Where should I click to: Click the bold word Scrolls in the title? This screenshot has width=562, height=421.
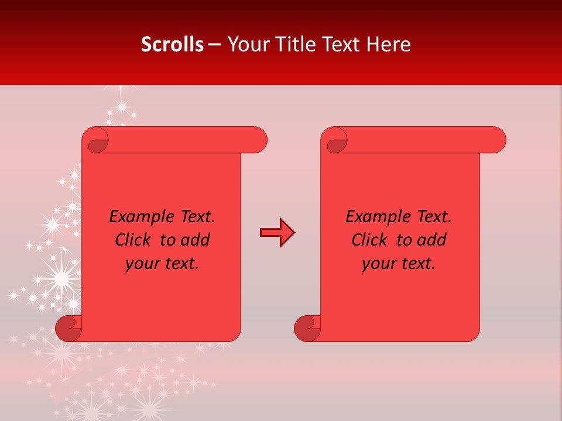[172, 44]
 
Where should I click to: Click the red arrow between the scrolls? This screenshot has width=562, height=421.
[277, 233]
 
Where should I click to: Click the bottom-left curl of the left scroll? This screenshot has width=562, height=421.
[69, 328]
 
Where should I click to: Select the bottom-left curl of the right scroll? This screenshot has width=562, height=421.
[307, 328]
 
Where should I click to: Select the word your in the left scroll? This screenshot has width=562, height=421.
[141, 264]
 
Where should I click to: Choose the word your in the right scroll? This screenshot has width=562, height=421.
[378, 264]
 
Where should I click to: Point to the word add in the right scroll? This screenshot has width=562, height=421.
[431, 240]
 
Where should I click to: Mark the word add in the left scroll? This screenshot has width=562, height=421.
[194, 240]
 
